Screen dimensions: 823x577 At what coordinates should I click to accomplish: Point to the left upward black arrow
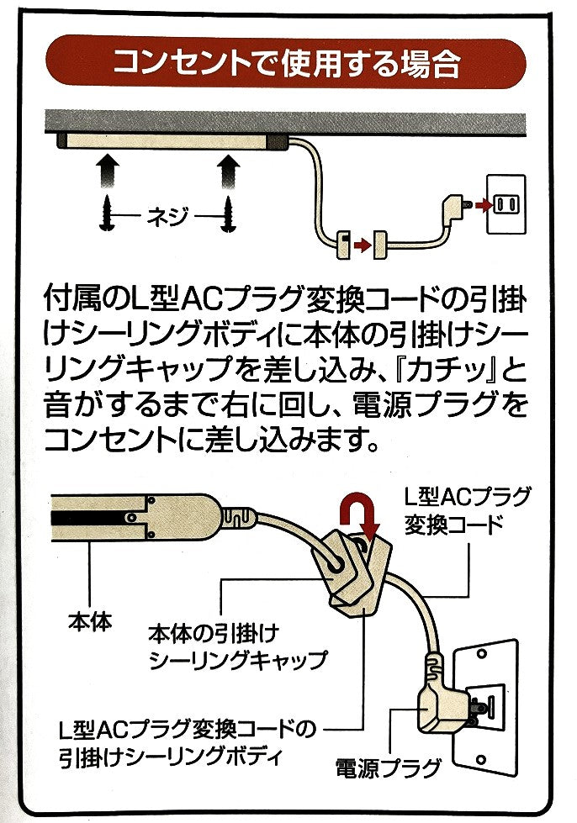[107, 173]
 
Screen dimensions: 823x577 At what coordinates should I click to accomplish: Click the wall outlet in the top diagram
[506, 204]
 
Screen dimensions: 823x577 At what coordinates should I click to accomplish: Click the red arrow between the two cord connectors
[361, 245]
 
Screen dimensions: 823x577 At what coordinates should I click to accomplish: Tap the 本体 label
[90, 624]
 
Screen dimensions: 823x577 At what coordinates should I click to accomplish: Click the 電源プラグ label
[388, 768]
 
